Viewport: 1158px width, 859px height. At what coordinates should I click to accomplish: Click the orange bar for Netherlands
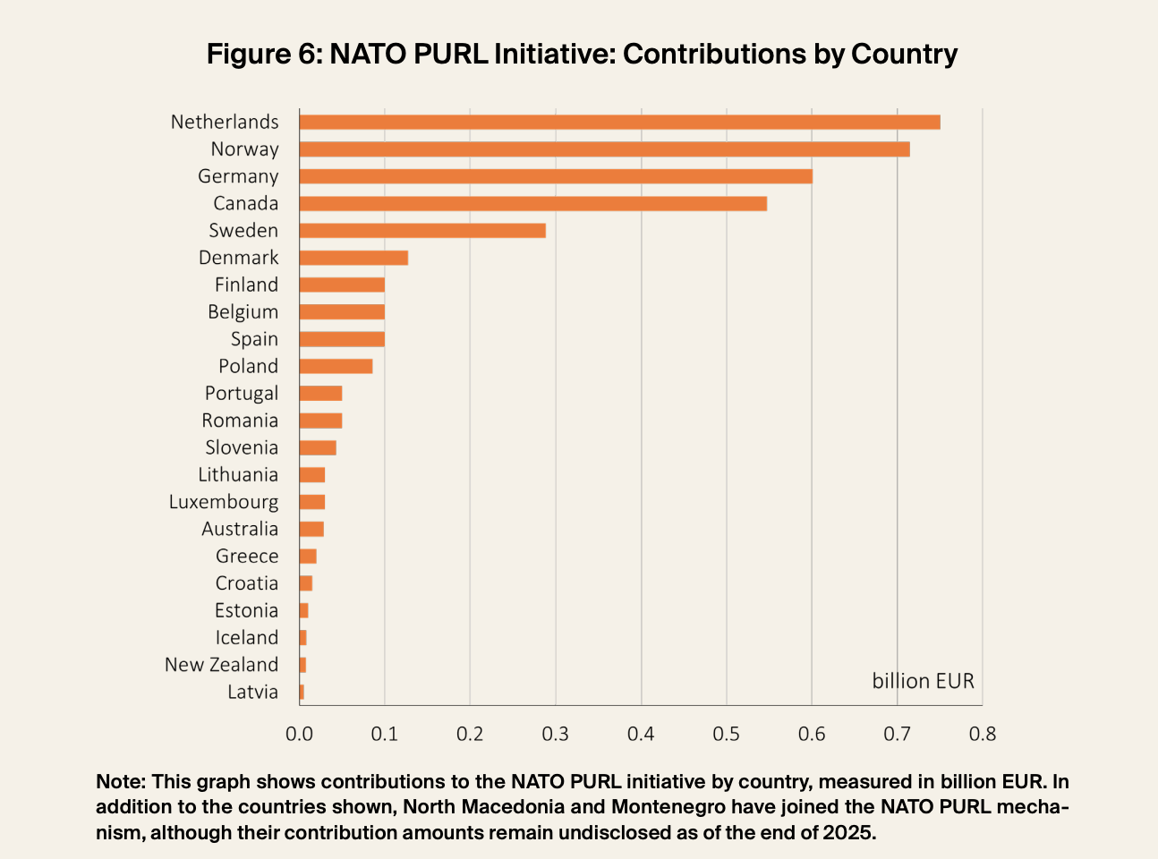coord(619,123)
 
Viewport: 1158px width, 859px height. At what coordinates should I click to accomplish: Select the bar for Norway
coord(604,149)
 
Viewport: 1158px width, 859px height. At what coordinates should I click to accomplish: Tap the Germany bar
coord(555,176)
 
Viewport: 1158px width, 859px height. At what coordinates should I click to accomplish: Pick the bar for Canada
coord(532,204)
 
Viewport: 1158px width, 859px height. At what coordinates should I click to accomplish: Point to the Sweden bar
coord(422,231)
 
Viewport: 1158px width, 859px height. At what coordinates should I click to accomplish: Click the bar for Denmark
coord(353,258)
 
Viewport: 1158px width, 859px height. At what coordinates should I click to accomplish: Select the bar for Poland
coord(336,367)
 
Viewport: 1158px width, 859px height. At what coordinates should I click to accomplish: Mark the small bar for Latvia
coord(302,692)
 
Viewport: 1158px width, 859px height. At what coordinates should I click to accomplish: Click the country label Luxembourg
coord(224,502)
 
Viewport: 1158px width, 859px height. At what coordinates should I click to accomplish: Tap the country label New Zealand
coord(221,665)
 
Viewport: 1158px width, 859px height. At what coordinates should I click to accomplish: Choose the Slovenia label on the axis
coord(242,447)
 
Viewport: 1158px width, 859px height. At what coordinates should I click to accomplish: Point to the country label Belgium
coord(243,312)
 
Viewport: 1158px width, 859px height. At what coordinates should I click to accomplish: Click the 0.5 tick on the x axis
coord(726,735)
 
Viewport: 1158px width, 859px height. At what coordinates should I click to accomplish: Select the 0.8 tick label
coord(982,735)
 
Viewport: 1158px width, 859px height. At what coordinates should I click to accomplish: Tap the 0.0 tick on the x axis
coord(299,735)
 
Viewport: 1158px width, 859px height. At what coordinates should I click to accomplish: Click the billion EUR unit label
coord(923,682)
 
